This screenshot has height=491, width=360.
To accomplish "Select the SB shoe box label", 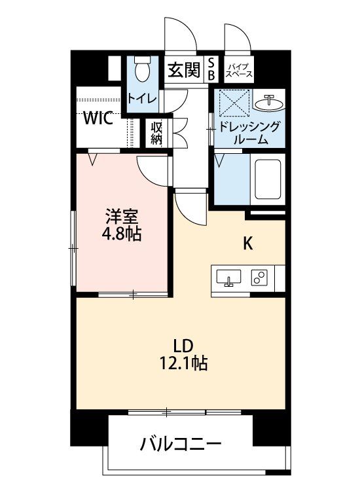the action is point(211,69).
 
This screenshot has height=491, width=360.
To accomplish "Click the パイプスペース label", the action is point(239,71).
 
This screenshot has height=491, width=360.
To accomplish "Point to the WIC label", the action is point(98,118).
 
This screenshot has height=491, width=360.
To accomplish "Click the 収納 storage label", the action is point(156,133).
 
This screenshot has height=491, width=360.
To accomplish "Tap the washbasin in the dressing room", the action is point(269,102).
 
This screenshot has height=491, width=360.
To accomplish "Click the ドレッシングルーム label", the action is point(249,132).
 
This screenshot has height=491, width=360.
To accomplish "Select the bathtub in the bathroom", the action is point(268,179).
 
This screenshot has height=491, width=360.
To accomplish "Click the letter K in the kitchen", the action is point(248,244).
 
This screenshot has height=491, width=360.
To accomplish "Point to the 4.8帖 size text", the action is point(122,233).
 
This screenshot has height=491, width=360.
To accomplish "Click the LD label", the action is point(183,346).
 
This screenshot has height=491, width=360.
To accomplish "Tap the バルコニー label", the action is point(181,443).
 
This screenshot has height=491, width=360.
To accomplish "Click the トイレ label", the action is point(141,99).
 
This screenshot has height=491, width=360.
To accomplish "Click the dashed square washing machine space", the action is point(235,103).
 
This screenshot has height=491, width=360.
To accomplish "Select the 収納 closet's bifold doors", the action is point(179,133).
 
